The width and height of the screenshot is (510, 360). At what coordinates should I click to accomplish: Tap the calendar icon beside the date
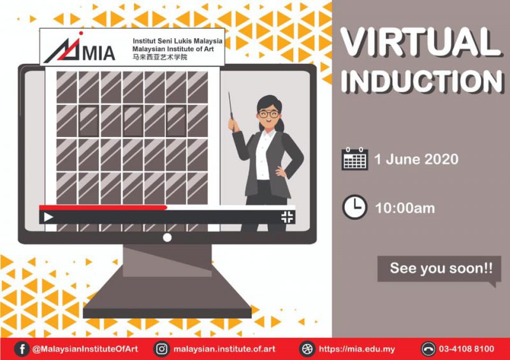355,159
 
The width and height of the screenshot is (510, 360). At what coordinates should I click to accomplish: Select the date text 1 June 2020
416,159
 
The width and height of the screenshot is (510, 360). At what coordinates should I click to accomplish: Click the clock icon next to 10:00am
354,207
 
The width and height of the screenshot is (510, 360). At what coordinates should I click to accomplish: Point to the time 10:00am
405,208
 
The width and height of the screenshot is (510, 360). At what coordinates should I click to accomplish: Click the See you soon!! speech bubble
439,270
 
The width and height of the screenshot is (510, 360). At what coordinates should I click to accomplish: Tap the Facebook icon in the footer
22,349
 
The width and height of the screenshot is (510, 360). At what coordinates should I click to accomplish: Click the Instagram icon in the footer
161,349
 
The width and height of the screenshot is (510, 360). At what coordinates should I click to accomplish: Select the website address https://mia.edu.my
357,349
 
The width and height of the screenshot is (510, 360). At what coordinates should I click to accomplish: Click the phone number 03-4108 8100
467,349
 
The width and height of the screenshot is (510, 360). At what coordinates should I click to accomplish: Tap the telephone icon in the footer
428,349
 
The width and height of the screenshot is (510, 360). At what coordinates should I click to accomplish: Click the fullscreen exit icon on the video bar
288,217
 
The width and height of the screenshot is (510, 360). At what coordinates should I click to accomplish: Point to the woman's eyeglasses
268,114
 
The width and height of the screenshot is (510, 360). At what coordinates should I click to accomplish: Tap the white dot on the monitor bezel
167,238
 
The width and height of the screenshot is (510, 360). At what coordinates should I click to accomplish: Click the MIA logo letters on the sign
99,54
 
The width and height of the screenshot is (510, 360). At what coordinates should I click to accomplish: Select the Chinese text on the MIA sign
160,57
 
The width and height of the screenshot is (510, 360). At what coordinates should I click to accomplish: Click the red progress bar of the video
103,208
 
